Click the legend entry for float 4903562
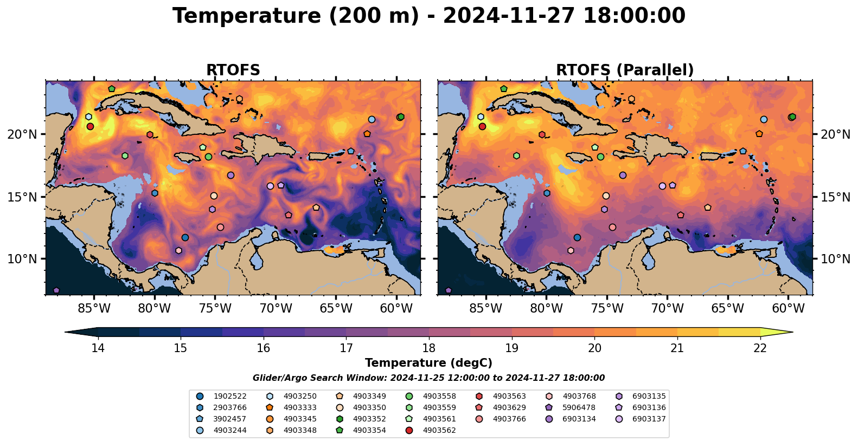[x=439, y=430]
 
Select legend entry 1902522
[x=230, y=396]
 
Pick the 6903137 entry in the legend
[x=649, y=419]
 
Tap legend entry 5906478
[x=579, y=407]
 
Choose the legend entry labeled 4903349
[x=369, y=396]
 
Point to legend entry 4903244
[x=230, y=430]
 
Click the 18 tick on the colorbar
[x=428, y=348]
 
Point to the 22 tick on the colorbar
[x=760, y=348]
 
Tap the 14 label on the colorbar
[x=98, y=348]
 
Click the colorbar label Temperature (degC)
[x=428, y=363]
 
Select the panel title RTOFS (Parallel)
[x=625, y=70]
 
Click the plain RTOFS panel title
[x=233, y=70]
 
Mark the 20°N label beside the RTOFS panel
[x=22, y=134]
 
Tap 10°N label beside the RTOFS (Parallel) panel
[x=835, y=259]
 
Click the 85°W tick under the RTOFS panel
[x=94, y=309]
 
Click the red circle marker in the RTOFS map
[x=90, y=126]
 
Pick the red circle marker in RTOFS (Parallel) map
[x=482, y=126]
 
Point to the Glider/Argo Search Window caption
[x=428, y=378]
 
